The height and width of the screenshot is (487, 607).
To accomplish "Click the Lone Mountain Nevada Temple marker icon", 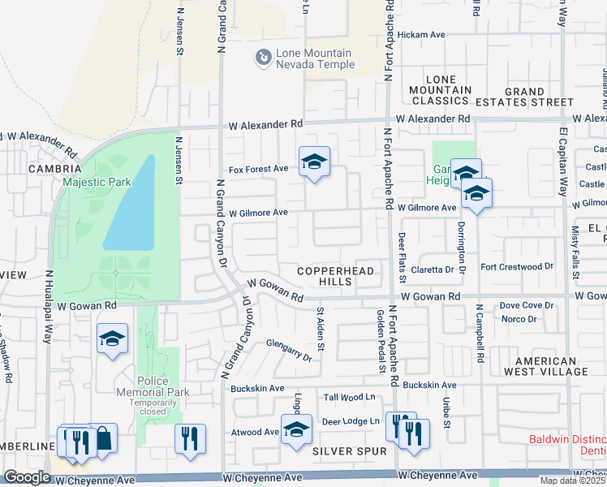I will pyautogui.click(x=263, y=58).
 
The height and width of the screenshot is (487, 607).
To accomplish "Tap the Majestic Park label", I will pyautogui.click(x=97, y=183).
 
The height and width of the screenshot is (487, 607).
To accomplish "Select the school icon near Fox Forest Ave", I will pyautogui.click(x=313, y=162).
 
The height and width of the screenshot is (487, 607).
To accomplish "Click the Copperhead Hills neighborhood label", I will pyautogui.click(x=325, y=276).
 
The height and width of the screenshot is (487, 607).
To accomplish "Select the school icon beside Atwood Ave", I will pyautogui.click(x=296, y=429).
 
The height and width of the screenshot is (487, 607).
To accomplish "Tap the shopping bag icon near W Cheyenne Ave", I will pyautogui.click(x=103, y=439).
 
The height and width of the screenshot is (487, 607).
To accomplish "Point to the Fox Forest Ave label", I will pyautogui.click(x=258, y=168).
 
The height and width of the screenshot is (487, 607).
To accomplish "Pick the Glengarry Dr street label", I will pyautogui.click(x=288, y=350).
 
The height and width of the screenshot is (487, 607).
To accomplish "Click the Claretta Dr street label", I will pyautogui.click(x=432, y=269).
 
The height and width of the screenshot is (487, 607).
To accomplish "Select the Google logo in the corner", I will pyautogui.click(x=28, y=477).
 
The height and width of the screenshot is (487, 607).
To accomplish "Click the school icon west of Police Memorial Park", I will pyautogui.click(x=112, y=339).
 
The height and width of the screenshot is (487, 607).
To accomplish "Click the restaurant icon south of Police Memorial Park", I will pyautogui.click(x=190, y=439).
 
